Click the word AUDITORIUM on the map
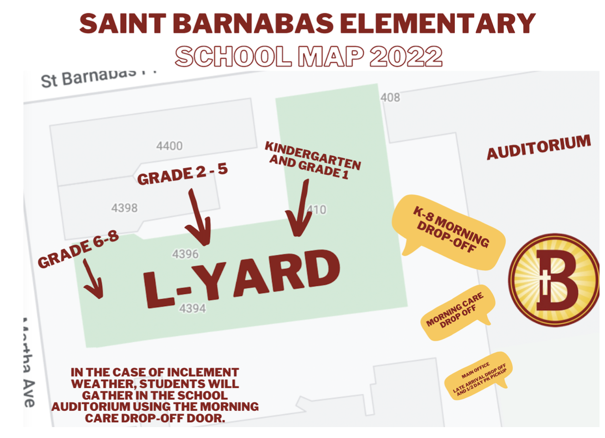point(539,147)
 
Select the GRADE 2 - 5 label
point(182,174)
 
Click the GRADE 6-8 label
point(78,249)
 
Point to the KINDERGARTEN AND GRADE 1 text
point(313,160)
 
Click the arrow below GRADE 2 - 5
point(199,218)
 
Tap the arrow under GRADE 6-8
point(93,279)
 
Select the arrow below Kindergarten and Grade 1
point(300,209)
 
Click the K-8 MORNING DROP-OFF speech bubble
point(449,231)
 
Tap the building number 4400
point(169,146)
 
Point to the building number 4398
point(124,208)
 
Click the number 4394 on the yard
point(192,308)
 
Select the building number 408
point(390,97)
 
